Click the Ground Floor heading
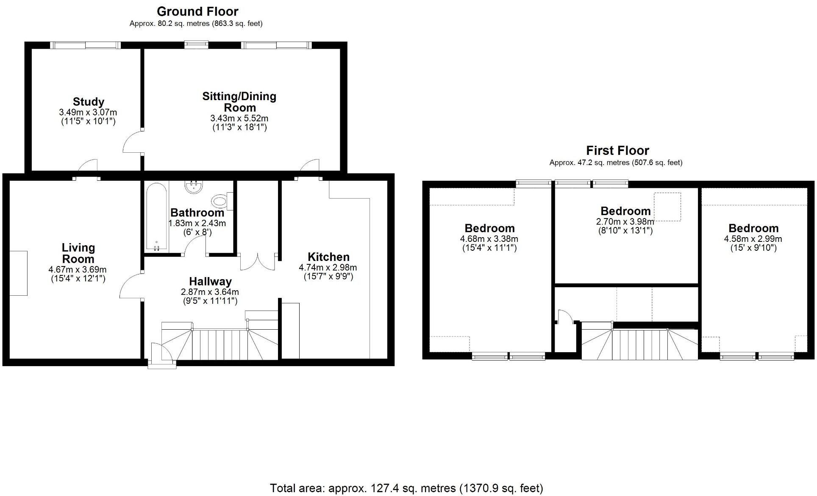tap(197, 11)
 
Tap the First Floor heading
tap(617, 150)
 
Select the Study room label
tap(88, 102)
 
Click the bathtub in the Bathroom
tap(156, 216)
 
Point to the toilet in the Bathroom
tap(220, 201)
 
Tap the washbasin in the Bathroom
tap(195, 187)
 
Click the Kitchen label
tap(328, 257)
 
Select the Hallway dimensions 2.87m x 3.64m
tap(210, 292)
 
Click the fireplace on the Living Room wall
tap(18, 273)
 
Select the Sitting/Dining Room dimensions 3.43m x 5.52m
tap(239, 118)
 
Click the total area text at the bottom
tap(406, 488)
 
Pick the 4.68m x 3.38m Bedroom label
tap(489, 228)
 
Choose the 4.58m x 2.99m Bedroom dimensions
tap(753, 239)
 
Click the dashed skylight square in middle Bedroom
tap(667, 207)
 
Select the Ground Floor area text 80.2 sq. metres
tap(196, 24)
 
